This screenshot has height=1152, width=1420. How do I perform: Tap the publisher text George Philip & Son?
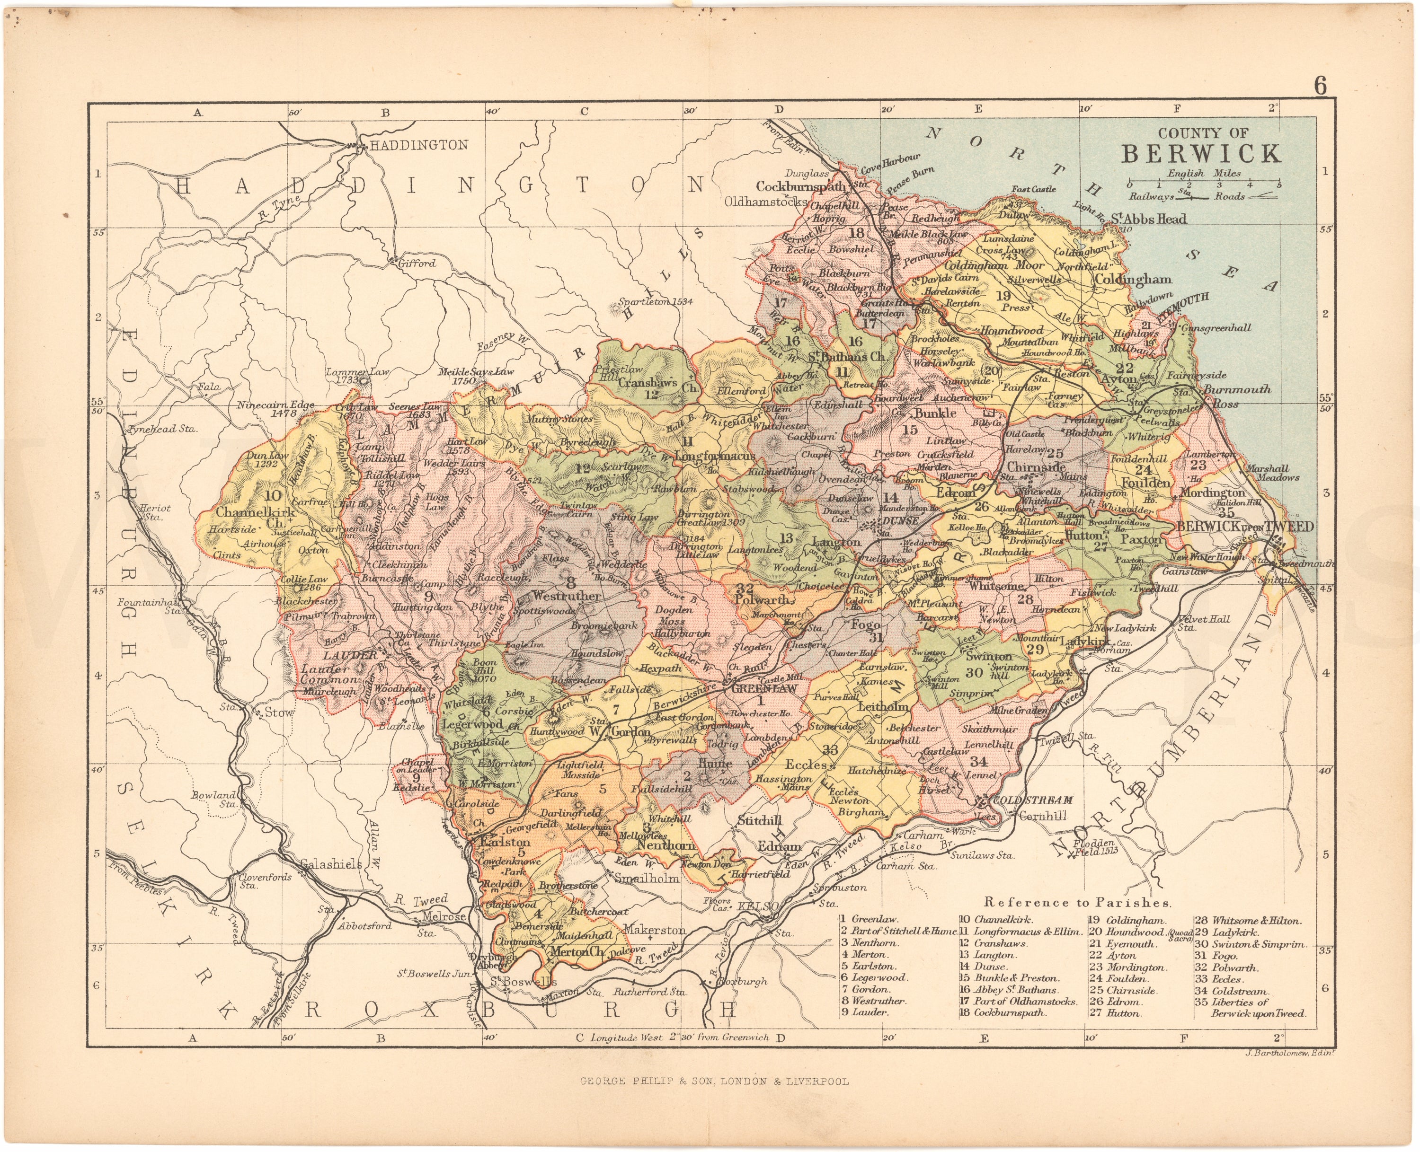tap(714, 1099)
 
